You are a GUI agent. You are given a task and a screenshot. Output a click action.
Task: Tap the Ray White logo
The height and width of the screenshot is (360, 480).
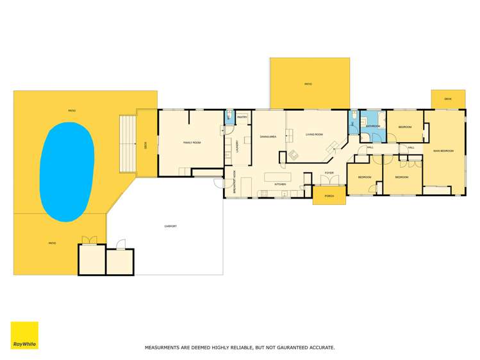[24, 335]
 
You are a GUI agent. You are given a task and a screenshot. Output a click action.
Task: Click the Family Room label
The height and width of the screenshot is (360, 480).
[192, 143]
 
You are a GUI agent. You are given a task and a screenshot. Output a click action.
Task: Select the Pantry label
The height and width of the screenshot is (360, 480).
[242, 117]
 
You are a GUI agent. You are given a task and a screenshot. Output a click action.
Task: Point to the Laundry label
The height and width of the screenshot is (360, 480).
[237, 147]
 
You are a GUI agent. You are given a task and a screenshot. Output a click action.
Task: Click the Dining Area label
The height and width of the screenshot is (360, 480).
[268, 136]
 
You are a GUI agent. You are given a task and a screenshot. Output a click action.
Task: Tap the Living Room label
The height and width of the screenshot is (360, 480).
[314, 135]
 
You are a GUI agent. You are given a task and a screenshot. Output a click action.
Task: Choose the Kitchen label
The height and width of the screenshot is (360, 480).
[280, 184]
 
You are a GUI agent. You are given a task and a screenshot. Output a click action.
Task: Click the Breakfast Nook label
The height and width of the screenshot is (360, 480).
[235, 182]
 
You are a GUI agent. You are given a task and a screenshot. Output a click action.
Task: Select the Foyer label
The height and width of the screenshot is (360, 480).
[329, 173]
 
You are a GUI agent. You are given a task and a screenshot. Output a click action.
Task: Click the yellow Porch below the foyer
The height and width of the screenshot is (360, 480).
[329, 195]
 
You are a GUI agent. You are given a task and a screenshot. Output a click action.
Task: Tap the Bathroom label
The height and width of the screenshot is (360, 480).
[373, 126]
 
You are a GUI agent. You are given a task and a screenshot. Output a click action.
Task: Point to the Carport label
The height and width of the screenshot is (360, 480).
[170, 226]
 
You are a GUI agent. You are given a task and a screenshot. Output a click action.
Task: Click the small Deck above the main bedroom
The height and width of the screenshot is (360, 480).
[448, 99]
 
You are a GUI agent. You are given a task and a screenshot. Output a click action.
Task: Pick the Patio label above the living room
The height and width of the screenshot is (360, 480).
[308, 84]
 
